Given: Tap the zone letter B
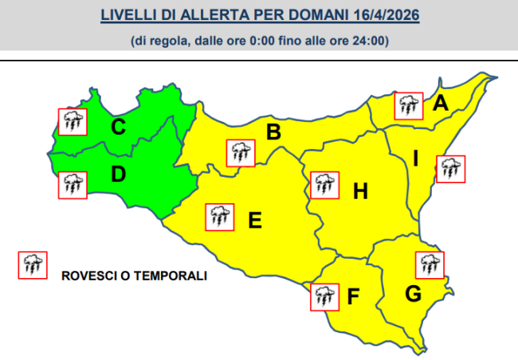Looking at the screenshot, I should click(273, 132).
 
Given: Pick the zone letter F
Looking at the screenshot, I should click(354, 298).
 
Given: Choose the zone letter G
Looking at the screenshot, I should click(413, 294).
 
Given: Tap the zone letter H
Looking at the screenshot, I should click(360, 191).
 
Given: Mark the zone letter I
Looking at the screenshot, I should click(415, 158).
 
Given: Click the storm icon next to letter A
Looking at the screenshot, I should click(410, 105).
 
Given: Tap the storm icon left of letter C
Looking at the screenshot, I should click(73, 121).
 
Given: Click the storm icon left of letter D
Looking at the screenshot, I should click(73, 185).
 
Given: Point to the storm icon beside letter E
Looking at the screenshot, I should click(219, 217).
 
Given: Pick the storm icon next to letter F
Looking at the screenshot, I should click(324, 296).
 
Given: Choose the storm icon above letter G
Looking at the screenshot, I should click(430, 264).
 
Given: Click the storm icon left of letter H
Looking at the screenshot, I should click(323, 184).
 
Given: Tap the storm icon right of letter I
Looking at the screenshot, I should click(451, 168).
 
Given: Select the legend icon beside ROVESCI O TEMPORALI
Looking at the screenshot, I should click(33, 264).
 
